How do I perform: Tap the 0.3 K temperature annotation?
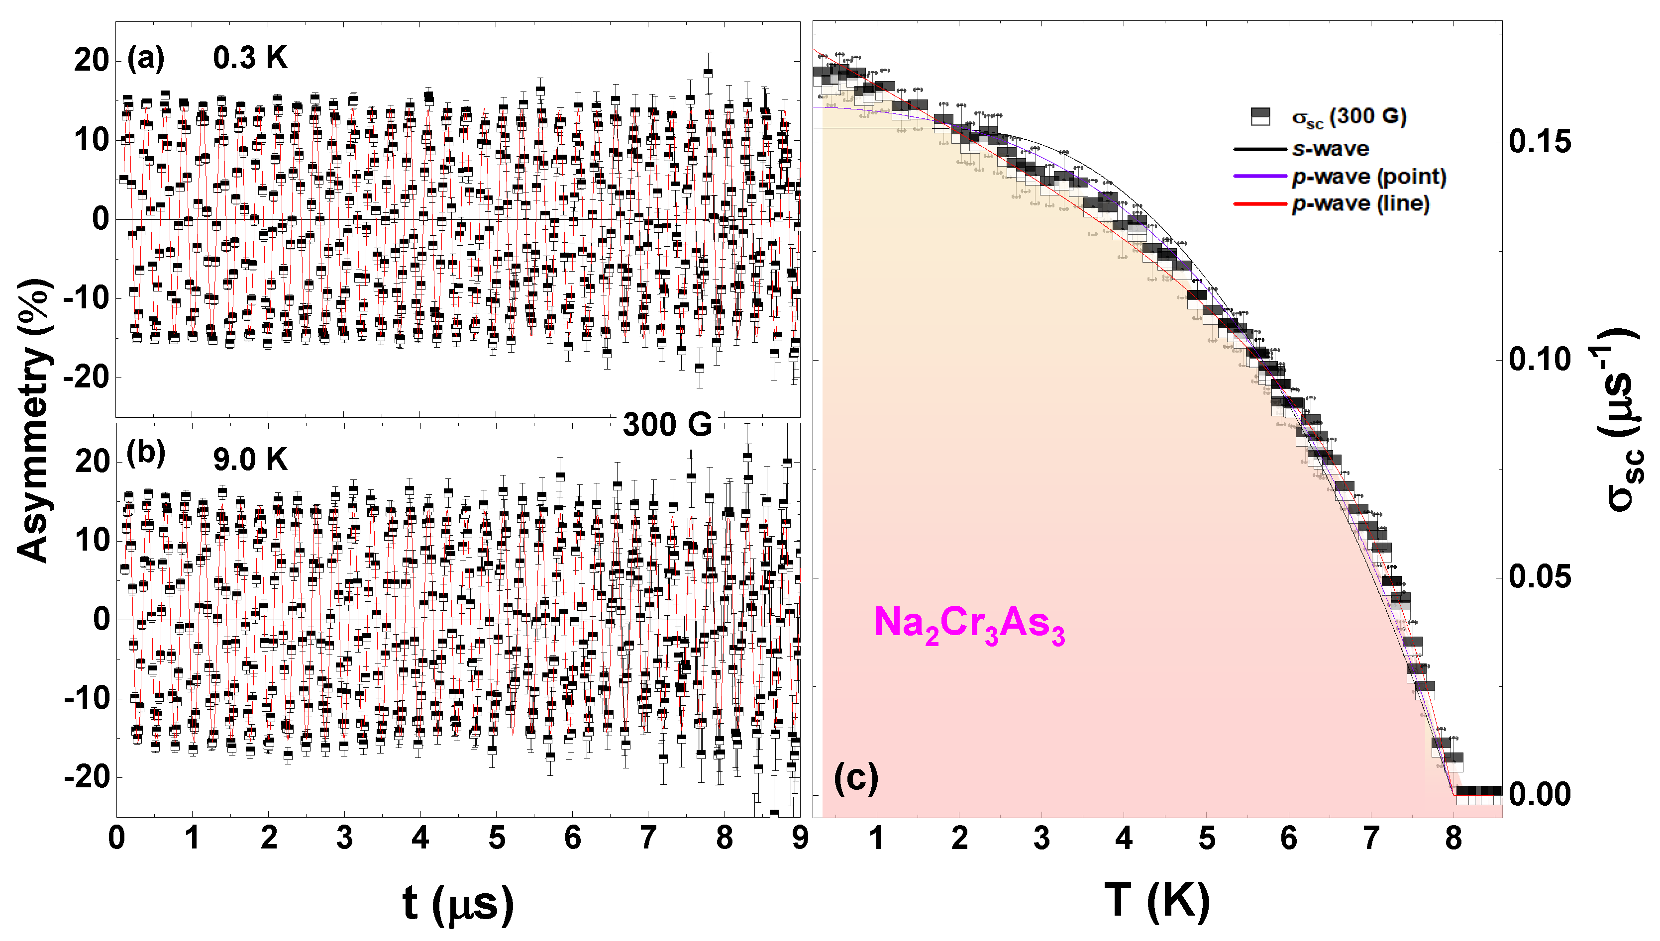250,58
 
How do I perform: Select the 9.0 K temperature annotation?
250,460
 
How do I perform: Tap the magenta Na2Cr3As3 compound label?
969,624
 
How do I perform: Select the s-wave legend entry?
1330,149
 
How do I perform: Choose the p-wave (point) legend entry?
1368,177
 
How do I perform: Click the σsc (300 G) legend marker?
1260,116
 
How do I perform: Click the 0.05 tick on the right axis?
1540,576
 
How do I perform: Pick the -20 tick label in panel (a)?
86,377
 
